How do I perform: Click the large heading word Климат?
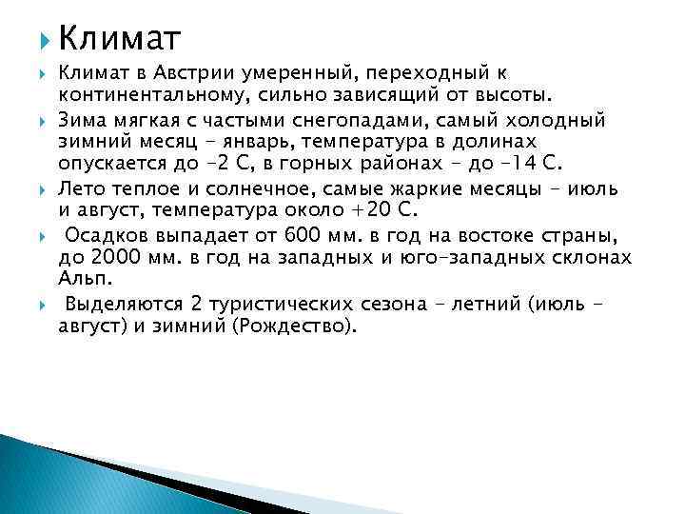coord(119,37)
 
